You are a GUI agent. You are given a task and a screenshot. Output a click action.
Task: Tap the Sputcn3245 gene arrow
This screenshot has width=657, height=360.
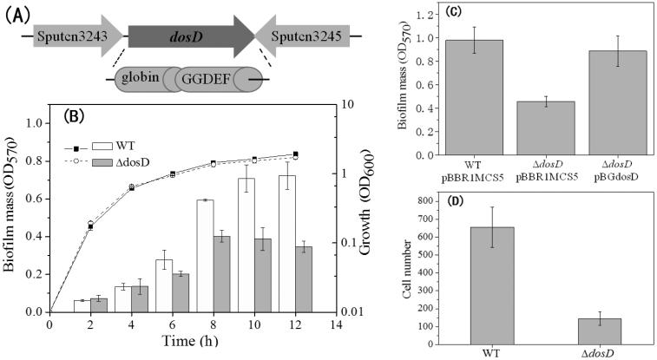(302, 36)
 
